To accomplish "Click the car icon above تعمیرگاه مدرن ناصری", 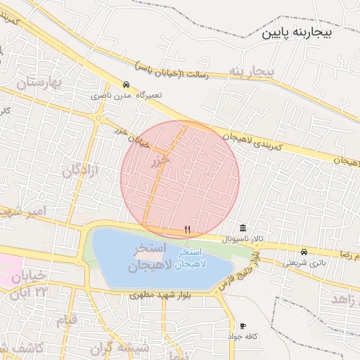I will (x=126, y=84).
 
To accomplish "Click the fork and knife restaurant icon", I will (x=186, y=229).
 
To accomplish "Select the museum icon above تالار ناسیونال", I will (x=243, y=228).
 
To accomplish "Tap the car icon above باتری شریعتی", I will (x=304, y=252).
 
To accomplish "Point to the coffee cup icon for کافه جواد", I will (x=243, y=326).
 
